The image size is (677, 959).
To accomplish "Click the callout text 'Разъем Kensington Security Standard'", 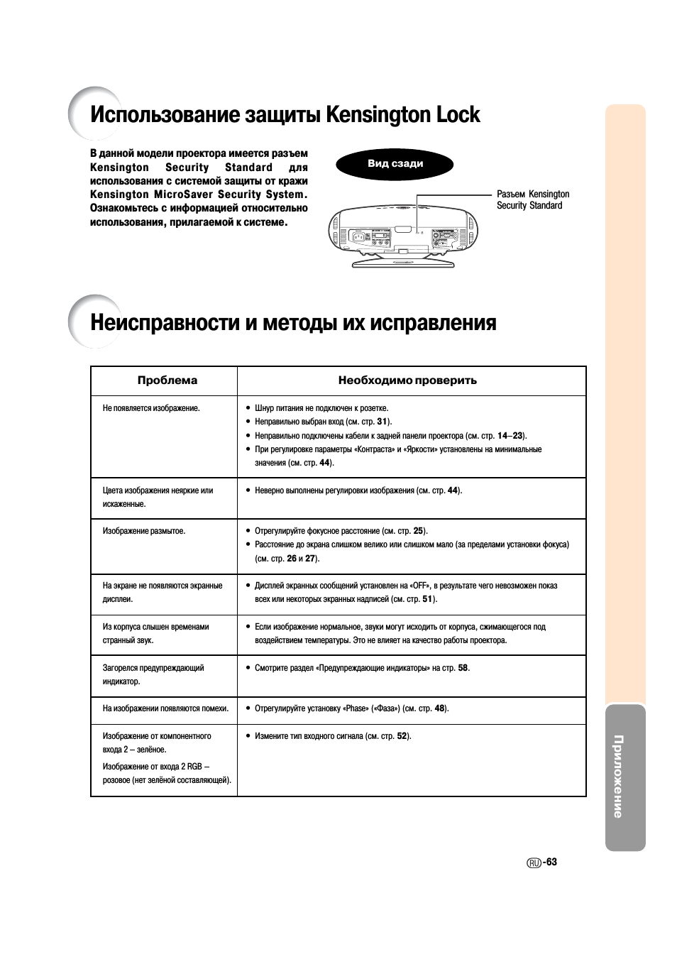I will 532,199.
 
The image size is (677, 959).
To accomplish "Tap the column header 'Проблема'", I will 167,380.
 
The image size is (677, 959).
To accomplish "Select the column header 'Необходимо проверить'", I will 407,380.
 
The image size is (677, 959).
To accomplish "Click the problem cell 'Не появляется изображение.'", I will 151,408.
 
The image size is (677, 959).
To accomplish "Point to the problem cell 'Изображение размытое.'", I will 144,531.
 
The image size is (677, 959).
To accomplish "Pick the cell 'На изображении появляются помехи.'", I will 166,708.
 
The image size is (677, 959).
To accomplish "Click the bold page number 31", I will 382,422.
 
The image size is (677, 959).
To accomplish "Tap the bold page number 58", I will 463,668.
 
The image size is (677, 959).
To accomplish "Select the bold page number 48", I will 440,708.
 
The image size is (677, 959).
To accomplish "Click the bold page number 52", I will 402,736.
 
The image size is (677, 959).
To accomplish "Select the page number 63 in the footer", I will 552,862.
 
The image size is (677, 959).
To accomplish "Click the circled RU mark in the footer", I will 534,863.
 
